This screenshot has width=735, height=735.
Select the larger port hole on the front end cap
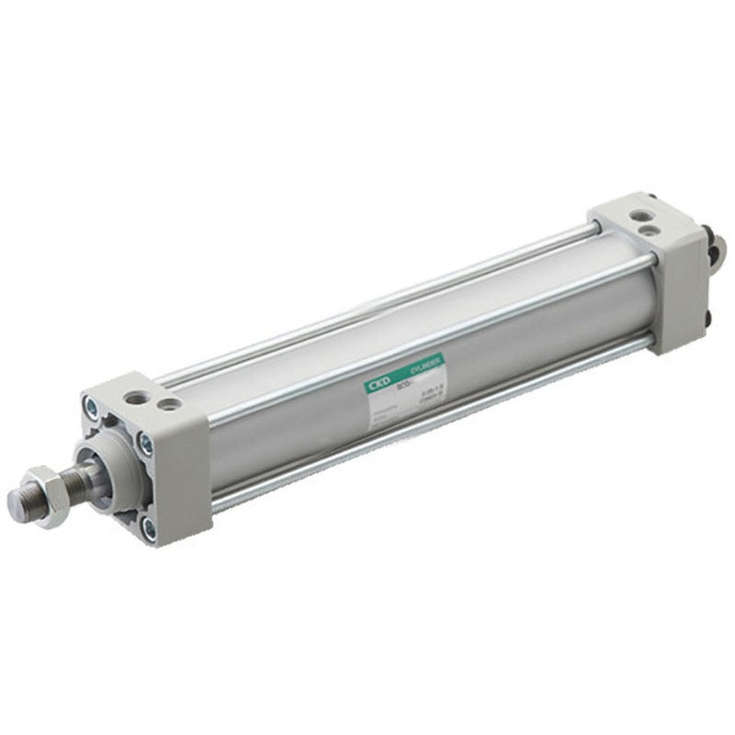click(138, 398)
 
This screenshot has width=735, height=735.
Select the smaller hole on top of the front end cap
click(167, 403)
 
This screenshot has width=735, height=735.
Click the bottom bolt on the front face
click(148, 527)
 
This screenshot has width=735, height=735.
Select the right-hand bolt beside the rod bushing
click(145, 445)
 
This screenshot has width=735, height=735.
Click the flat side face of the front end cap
click(184, 478)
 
